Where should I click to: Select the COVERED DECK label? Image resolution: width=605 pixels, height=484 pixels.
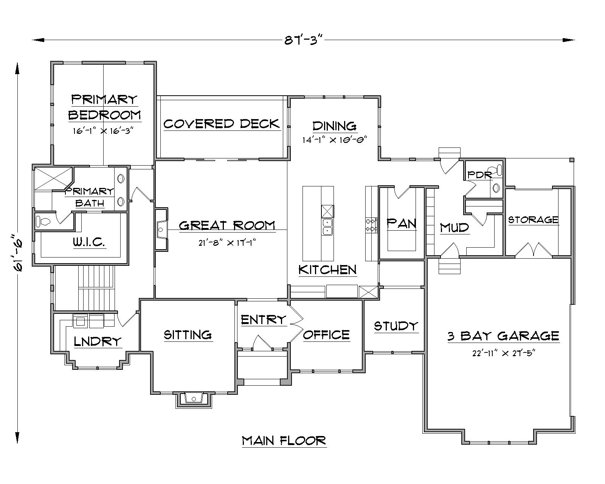(222, 124)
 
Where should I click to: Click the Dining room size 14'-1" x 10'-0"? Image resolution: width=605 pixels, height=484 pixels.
(335, 140)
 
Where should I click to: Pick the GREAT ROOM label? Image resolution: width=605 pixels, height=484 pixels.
(227, 225)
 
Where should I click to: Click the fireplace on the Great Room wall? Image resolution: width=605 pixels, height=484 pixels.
(161, 229)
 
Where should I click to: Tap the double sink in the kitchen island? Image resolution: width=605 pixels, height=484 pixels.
(327, 227)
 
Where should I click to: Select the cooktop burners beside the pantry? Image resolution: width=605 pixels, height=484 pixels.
(371, 225)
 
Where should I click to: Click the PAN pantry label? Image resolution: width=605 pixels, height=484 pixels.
(401, 223)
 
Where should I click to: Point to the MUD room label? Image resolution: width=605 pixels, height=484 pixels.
(455, 228)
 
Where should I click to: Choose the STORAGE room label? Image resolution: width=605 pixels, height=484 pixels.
(533, 220)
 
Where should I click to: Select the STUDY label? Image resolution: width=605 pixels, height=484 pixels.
(396, 326)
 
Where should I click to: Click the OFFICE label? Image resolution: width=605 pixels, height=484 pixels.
(326, 335)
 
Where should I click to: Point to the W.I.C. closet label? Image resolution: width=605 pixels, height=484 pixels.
(89, 242)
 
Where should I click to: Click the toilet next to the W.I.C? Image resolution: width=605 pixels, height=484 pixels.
(42, 221)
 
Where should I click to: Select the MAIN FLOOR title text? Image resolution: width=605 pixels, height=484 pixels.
(284, 441)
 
